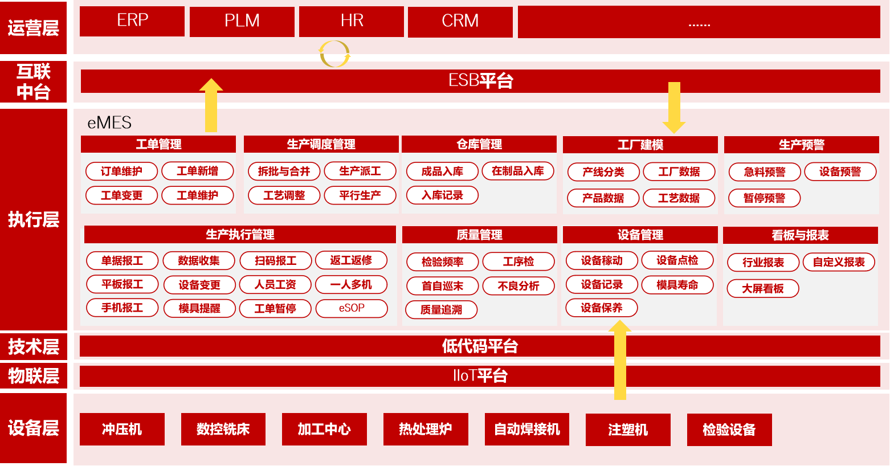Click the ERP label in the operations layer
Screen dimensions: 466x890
[132, 20]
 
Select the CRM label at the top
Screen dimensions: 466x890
[460, 21]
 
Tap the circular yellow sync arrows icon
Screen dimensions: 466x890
[334, 54]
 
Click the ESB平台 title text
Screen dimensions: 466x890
[480, 81]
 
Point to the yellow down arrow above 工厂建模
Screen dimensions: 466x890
[674, 107]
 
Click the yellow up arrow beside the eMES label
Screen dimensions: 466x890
[211, 105]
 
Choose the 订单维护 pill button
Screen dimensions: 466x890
[121, 171]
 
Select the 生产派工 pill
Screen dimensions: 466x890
[360, 171]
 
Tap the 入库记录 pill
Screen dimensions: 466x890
[442, 195]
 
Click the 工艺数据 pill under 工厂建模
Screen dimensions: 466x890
[679, 198]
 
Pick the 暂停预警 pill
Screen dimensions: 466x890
[764, 198]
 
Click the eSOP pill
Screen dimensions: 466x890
[352, 308]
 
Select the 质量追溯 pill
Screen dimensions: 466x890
[441, 310]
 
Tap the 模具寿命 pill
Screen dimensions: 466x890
[677, 285]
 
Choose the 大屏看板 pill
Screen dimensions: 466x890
[762, 289]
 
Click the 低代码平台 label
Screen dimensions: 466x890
[480, 346]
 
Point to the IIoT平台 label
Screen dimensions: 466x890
[480, 375]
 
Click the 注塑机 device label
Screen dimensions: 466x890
[628, 430]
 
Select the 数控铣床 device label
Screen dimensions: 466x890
[223, 430]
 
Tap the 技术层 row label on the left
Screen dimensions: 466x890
[34, 346]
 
